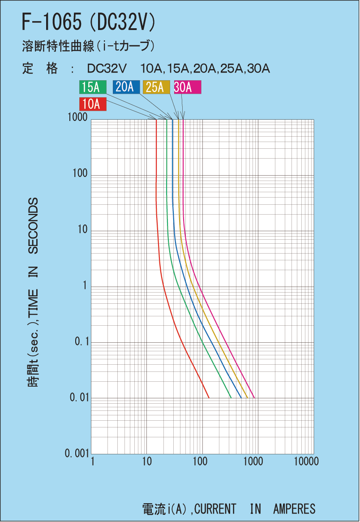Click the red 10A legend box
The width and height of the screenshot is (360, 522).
(93, 104)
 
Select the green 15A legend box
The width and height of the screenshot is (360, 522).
(93, 87)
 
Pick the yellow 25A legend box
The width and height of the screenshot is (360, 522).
(156, 87)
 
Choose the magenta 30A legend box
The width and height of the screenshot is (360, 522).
(188, 87)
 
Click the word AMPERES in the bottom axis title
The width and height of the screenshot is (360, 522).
(294, 509)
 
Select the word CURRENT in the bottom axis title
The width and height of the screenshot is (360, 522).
(215, 509)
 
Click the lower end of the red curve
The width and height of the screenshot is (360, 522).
(209, 397)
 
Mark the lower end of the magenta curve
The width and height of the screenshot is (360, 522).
(254, 397)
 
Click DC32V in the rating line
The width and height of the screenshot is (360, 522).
(107, 69)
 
